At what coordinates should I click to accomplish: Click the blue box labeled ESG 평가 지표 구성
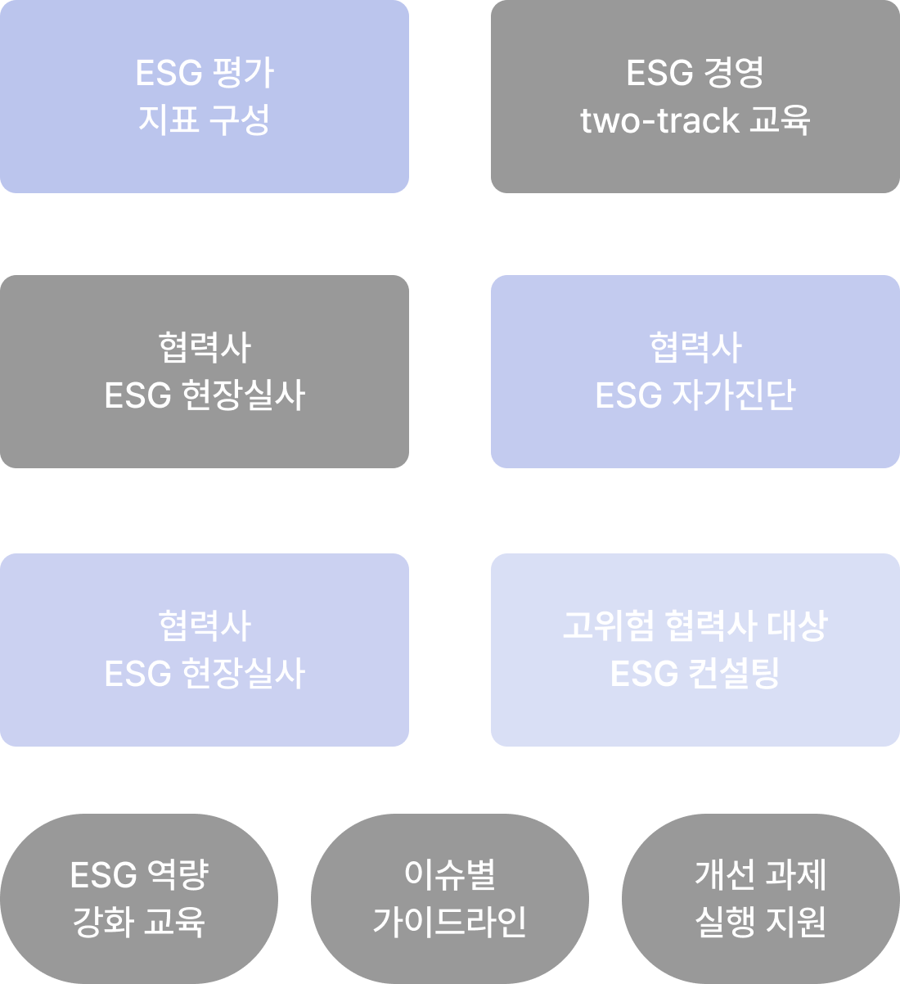[x=205, y=97]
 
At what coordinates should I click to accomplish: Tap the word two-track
[x=659, y=120]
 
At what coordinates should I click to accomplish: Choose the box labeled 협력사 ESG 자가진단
[x=695, y=372]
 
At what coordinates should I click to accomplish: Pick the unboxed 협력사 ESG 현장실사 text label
[x=205, y=372]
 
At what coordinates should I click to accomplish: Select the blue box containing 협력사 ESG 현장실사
[x=205, y=650]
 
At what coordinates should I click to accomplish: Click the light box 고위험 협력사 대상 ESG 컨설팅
[x=695, y=650]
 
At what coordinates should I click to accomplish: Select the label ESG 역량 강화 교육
[x=139, y=898]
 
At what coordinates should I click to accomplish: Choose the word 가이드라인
[x=450, y=922]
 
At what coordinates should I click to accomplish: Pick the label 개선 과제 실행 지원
[x=761, y=898]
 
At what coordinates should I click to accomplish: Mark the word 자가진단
[x=733, y=395]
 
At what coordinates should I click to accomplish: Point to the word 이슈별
[x=450, y=874]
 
